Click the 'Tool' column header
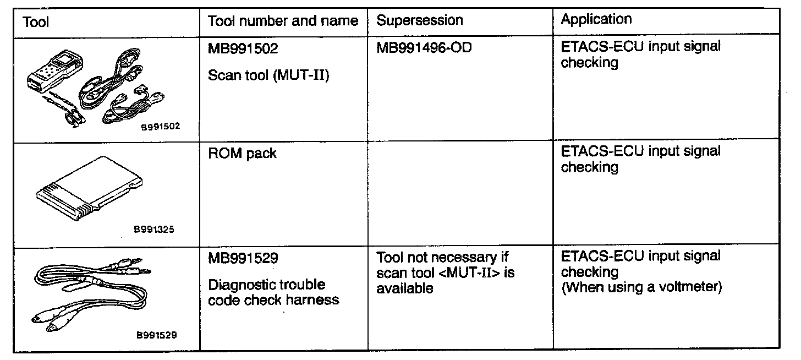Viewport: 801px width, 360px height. pyautogui.click(x=36, y=23)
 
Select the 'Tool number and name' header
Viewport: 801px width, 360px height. pyautogui.click(x=283, y=21)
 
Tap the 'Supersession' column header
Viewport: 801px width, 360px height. pyautogui.click(x=419, y=21)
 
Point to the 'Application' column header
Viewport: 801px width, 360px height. pyautogui.click(x=596, y=20)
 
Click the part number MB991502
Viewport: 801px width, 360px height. pyautogui.click(x=243, y=49)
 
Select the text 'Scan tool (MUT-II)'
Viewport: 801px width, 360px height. pyautogui.click(x=268, y=75)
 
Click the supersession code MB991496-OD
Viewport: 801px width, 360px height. pyautogui.click(x=424, y=48)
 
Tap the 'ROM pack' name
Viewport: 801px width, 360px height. pyautogui.click(x=242, y=154)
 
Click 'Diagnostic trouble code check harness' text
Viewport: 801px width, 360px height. pyautogui.click(x=273, y=292)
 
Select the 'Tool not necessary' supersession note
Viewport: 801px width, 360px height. pyautogui.click(x=446, y=272)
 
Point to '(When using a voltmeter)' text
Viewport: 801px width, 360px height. pyautogui.click(x=641, y=287)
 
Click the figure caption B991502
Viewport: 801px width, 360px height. pyautogui.click(x=160, y=126)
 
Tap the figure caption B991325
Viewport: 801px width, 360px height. pyautogui.click(x=154, y=230)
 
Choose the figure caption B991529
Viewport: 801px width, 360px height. pyautogui.click(x=157, y=334)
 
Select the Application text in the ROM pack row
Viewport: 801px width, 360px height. pyautogui.click(x=640, y=159)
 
